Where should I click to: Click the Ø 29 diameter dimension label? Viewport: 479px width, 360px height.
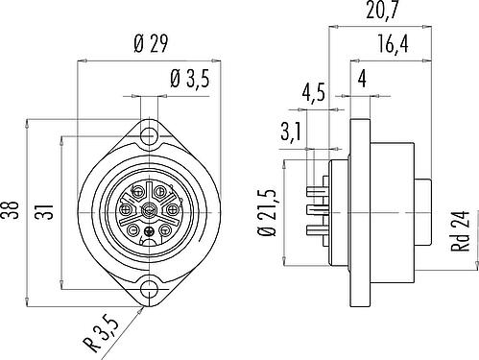151,44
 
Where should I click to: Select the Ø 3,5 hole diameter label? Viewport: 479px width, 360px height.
190,79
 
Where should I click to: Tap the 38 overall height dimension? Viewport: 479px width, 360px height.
12,210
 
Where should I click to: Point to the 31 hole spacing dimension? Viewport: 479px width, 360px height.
46,211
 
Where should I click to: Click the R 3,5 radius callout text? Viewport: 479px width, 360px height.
101,333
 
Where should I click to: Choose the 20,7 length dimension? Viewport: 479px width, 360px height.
382,11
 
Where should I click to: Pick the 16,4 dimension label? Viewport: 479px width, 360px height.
394,44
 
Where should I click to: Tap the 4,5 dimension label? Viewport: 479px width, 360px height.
314,92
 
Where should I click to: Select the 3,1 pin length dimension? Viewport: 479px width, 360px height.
291,132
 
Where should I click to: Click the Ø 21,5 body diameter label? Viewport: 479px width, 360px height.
266,212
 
